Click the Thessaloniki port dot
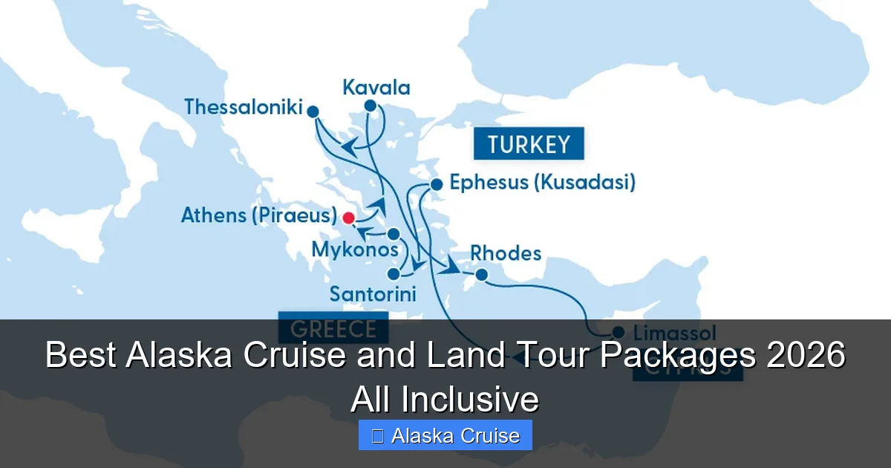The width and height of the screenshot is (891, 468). pyautogui.click(x=313, y=111)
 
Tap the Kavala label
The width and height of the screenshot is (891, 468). pyautogui.click(x=376, y=88)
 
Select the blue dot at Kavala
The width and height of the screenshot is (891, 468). pyautogui.click(x=370, y=105)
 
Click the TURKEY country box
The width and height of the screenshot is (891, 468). pyautogui.click(x=529, y=144)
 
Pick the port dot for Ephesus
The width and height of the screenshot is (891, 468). pyautogui.click(x=437, y=184)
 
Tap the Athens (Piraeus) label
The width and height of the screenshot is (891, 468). pyautogui.click(x=259, y=216)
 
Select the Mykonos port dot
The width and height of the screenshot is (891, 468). pyautogui.click(x=394, y=234)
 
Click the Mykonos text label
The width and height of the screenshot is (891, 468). pyautogui.click(x=355, y=250)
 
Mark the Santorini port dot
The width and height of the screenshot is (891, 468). pyautogui.click(x=394, y=273)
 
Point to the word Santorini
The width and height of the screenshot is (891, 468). pyautogui.click(x=372, y=293)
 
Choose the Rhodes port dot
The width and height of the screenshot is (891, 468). pyautogui.click(x=481, y=275)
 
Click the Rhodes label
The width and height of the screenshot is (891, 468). pyautogui.click(x=506, y=253)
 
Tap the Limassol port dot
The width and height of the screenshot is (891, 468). pyautogui.click(x=618, y=332)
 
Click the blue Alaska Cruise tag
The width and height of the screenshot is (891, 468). pyautogui.click(x=446, y=435)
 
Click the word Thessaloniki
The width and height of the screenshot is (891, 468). pyautogui.click(x=244, y=108)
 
